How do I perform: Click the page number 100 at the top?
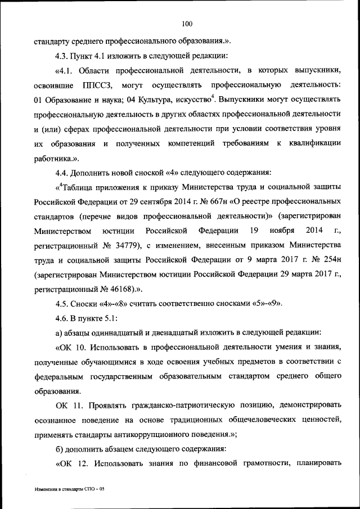pos(187,23)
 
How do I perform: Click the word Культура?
pos(153,100)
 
